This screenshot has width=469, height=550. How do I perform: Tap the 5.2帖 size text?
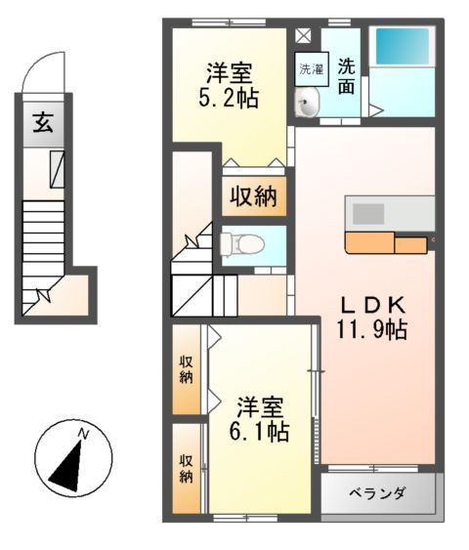(x=231, y=98)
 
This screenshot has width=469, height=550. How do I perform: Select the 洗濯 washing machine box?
(x=310, y=69)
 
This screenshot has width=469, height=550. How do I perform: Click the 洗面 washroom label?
(x=346, y=77)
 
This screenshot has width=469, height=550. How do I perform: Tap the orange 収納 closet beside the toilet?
(x=253, y=196)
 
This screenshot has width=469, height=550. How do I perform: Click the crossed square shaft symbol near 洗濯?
(x=303, y=36)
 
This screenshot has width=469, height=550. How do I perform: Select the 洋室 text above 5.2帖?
(x=231, y=72)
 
